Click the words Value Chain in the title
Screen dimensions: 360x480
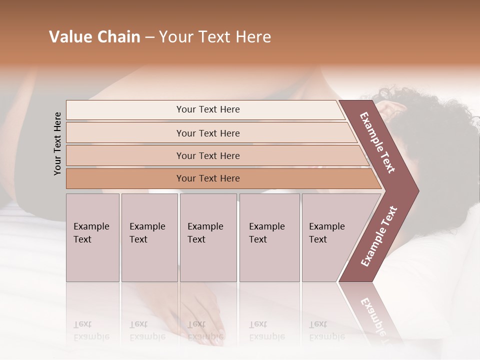point(94,37)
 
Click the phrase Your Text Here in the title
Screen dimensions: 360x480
point(215,37)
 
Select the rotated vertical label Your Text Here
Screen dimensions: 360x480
point(57,143)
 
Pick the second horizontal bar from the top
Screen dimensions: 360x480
point(207,133)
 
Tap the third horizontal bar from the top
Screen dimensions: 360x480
point(207,155)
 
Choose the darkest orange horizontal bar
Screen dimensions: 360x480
point(207,178)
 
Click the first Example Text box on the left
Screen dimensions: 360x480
point(92,237)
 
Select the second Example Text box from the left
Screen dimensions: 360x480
point(149,237)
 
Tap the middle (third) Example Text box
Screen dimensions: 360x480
point(208,237)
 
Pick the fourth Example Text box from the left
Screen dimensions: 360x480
point(269,237)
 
